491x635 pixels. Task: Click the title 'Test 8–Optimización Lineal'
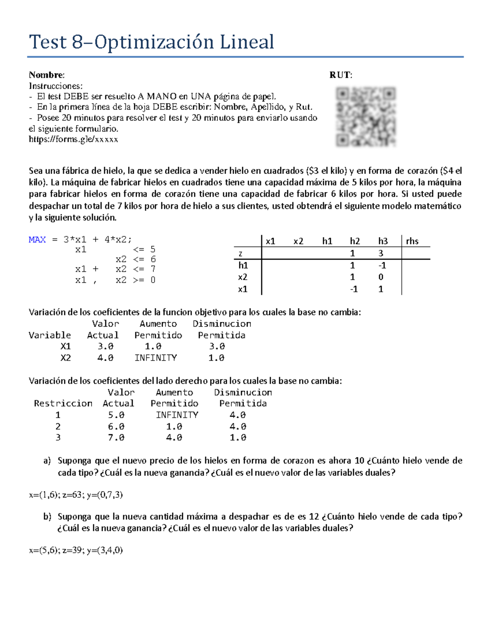tap(151, 42)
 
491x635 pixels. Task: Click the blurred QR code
tap(365, 117)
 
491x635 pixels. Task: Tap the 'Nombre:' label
tap(47, 75)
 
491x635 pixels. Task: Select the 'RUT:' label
tap(340, 75)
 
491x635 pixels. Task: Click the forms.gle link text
tap(73, 139)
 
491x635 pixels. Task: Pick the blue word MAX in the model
tap(37, 240)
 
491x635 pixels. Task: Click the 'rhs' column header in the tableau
tap(412, 241)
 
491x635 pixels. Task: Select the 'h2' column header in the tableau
tap(355, 241)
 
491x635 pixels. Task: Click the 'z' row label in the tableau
tap(241, 254)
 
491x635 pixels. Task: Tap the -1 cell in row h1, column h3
tap(381, 265)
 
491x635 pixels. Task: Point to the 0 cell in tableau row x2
tap(381, 277)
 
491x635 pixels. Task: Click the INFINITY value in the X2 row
tap(155, 358)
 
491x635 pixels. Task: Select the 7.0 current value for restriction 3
tap(116, 438)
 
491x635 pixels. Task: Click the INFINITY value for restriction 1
tap(177, 415)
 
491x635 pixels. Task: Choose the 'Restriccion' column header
tap(63, 403)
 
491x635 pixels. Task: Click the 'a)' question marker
tap(47, 460)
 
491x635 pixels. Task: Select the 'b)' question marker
tap(47, 516)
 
